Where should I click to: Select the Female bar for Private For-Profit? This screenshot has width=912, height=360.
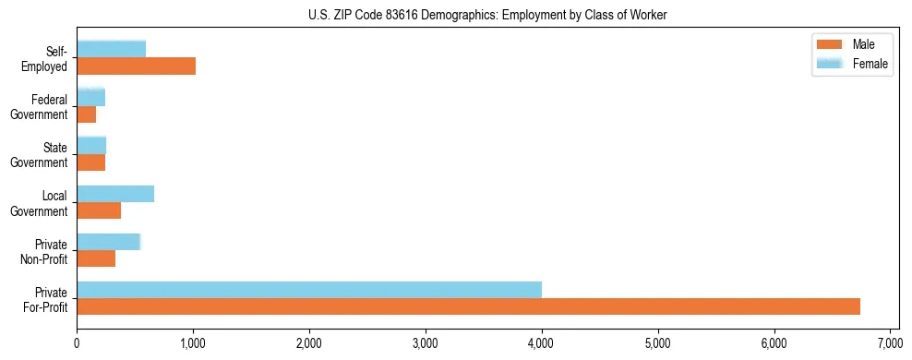point(309,289)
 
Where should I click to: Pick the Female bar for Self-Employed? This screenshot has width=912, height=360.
point(111,49)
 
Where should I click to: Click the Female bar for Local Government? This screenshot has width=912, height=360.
point(115,193)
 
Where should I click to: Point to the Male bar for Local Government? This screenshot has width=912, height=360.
point(99,210)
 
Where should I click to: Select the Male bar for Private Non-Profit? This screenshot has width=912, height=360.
point(96,258)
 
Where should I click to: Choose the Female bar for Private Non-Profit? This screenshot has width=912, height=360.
point(108,242)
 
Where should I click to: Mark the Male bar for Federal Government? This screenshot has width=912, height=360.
point(86,114)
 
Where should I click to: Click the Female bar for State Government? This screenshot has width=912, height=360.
point(91,145)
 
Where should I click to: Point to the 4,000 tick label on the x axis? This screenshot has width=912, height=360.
point(542,342)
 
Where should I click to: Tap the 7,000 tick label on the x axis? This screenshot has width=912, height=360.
point(890,342)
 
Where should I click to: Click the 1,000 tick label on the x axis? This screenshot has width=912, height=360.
point(193,342)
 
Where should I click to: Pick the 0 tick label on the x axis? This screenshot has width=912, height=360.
point(77,342)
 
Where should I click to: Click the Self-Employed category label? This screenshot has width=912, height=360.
point(49,58)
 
